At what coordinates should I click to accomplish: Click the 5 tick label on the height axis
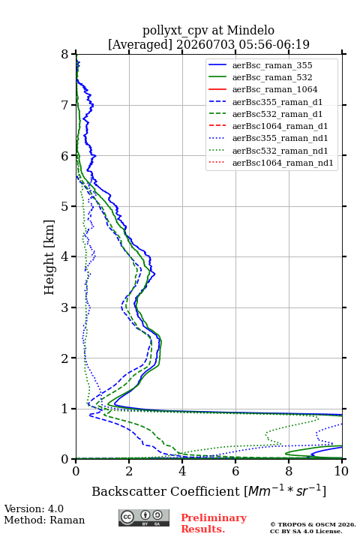tap(65, 206)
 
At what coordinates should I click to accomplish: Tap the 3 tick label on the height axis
tap(65, 307)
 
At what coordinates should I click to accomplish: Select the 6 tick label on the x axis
tap(235, 471)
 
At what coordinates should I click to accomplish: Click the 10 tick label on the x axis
tap(341, 471)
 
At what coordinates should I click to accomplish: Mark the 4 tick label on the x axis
tap(182, 471)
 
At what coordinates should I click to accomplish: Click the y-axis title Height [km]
tap(49, 257)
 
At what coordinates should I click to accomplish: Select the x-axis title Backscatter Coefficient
tap(166, 491)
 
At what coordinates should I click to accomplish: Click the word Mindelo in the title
tap(250, 30)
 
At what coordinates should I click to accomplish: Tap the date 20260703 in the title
tap(205, 45)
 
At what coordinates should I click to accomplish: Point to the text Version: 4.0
tap(34, 508)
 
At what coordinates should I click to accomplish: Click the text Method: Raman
tap(44, 520)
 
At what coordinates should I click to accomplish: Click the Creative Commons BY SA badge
tap(144, 517)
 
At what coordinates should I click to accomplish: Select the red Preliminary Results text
tap(214, 523)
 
